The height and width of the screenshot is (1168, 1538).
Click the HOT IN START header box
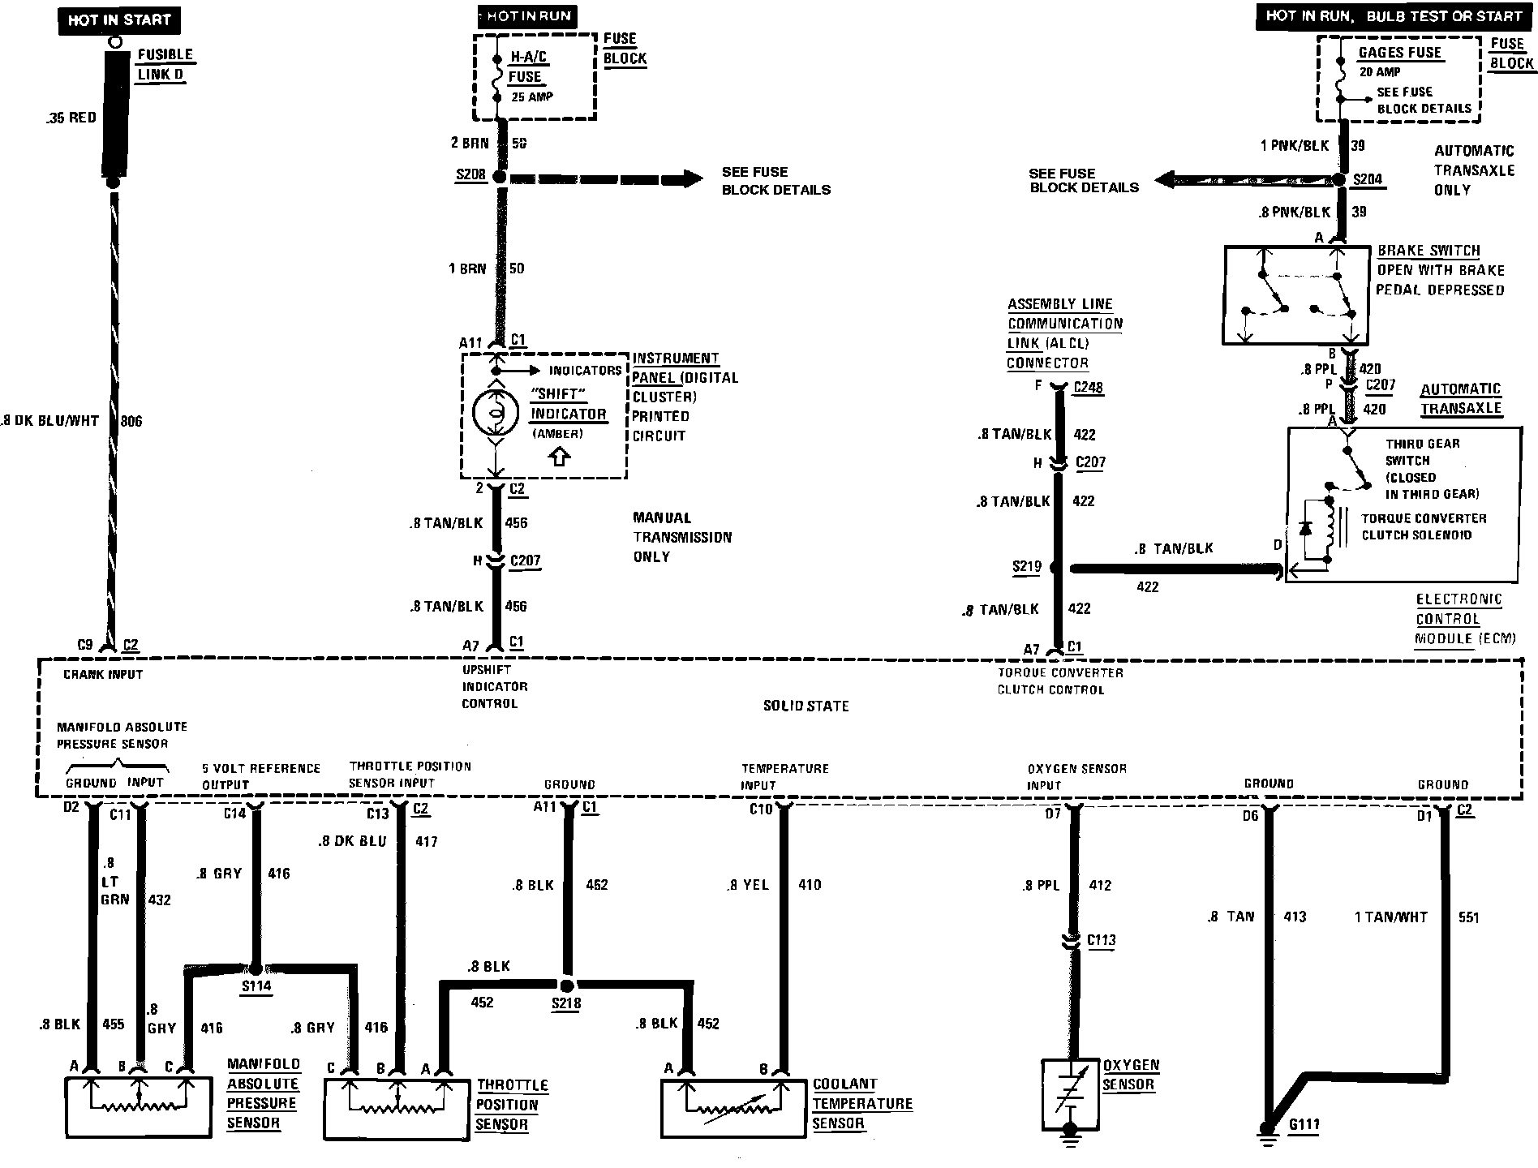(x=119, y=20)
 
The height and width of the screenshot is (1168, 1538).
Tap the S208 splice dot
(x=500, y=177)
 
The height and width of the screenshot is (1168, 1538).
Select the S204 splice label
(x=1368, y=180)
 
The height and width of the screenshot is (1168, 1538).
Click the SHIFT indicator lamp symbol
(x=494, y=412)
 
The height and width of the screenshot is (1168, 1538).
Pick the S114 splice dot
(x=255, y=968)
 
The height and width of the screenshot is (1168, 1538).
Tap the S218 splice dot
(x=567, y=985)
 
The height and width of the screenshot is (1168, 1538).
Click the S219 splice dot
(x=1056, y=568)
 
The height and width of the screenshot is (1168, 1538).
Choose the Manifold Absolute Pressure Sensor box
(x=138, y=1107)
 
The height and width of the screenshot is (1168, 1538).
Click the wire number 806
(x=131, y=421)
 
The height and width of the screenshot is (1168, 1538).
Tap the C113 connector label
(x=1101, y=940)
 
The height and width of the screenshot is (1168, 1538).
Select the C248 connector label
(x=1088, y=388)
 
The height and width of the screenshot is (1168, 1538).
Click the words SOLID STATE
(x=806, y=706)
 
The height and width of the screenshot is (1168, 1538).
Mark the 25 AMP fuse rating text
(x=531, y=97)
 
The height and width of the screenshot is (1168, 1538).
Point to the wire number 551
(x=1468, y=917)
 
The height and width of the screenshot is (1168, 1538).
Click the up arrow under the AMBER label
(x=559, y=457)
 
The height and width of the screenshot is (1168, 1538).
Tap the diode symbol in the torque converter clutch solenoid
(x=1305, y=527)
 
